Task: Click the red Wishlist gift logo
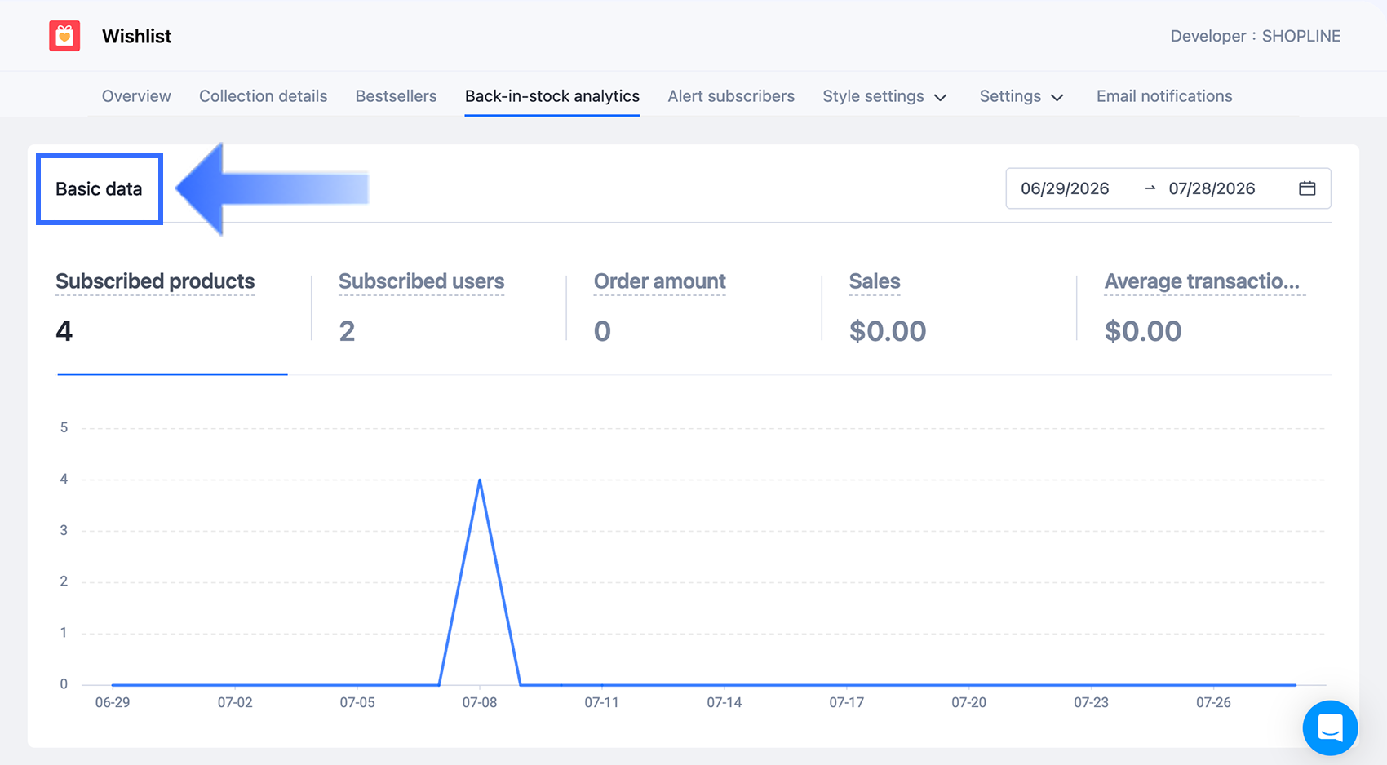coord(64,36)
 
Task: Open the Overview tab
coord(136,96)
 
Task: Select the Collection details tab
coord(264,96)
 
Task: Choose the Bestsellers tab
coord(396,96)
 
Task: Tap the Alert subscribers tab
coord(731,96)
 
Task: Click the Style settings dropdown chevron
coord(940,98)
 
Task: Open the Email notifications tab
coord(1164,96)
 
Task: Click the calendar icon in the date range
coord(1307,188)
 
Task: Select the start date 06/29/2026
coord(1065,188)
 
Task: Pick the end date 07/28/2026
coord(1212,188)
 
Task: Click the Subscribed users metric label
coord(421,281)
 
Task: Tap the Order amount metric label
coord(659,281)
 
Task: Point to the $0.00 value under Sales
coord(888,331)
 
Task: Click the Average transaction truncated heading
coord(1202,281)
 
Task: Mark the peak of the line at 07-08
coord(480,480)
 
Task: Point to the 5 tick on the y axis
coord(64,427)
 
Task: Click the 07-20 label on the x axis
coord(968,702)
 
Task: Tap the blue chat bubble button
coord(1330,727)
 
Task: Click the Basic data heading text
coord(99,188)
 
